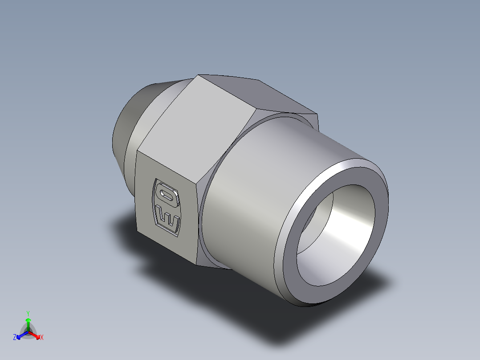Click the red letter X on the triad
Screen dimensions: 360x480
(x=42, y=338)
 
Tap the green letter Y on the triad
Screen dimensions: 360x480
(x=28, y=313)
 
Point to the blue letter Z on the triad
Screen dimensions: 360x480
(x=15, y=338)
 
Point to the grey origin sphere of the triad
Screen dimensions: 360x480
(x=28, y=332)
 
